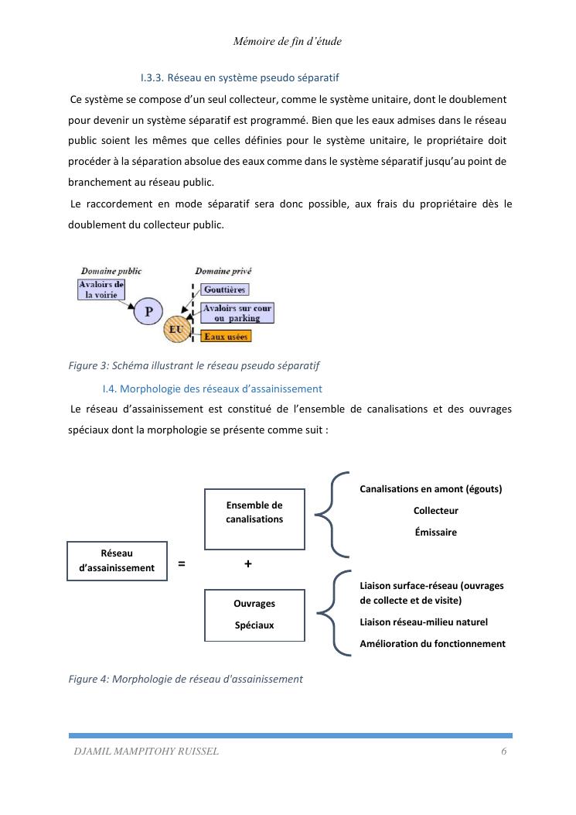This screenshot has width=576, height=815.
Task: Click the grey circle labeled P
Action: click(x=148, y=312)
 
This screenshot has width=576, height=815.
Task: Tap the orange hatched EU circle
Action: click(x=176, y=331)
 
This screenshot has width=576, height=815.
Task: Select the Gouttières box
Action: click(x=224, y=289)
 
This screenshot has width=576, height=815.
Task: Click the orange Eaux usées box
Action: click(x=226, y=337)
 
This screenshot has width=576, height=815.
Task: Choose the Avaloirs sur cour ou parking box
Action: click(x=237, y=313)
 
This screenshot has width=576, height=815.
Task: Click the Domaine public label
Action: click(x=111, y=271)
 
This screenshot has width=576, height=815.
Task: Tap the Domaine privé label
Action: click(x=223, y=271)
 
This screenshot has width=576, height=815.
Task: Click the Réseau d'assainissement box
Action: click(x=117, y=560)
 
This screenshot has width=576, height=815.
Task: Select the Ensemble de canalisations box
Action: click(x=254, y=519)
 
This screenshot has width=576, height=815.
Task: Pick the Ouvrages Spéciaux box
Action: click(x=254, y=615)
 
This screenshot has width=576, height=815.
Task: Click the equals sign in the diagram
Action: click(x=182, y=564)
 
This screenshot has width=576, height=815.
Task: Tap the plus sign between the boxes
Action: click(x=247, y=564)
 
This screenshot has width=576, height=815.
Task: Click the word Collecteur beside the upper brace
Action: click(x=435, y=511)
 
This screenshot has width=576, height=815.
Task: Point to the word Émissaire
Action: click(x=435, y=532)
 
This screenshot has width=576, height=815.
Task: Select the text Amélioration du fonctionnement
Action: click(x=432, y=644)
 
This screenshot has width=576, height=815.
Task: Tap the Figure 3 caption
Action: click(x=194, y=365)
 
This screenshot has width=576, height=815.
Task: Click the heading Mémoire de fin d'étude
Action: click(x=287, y=42)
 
